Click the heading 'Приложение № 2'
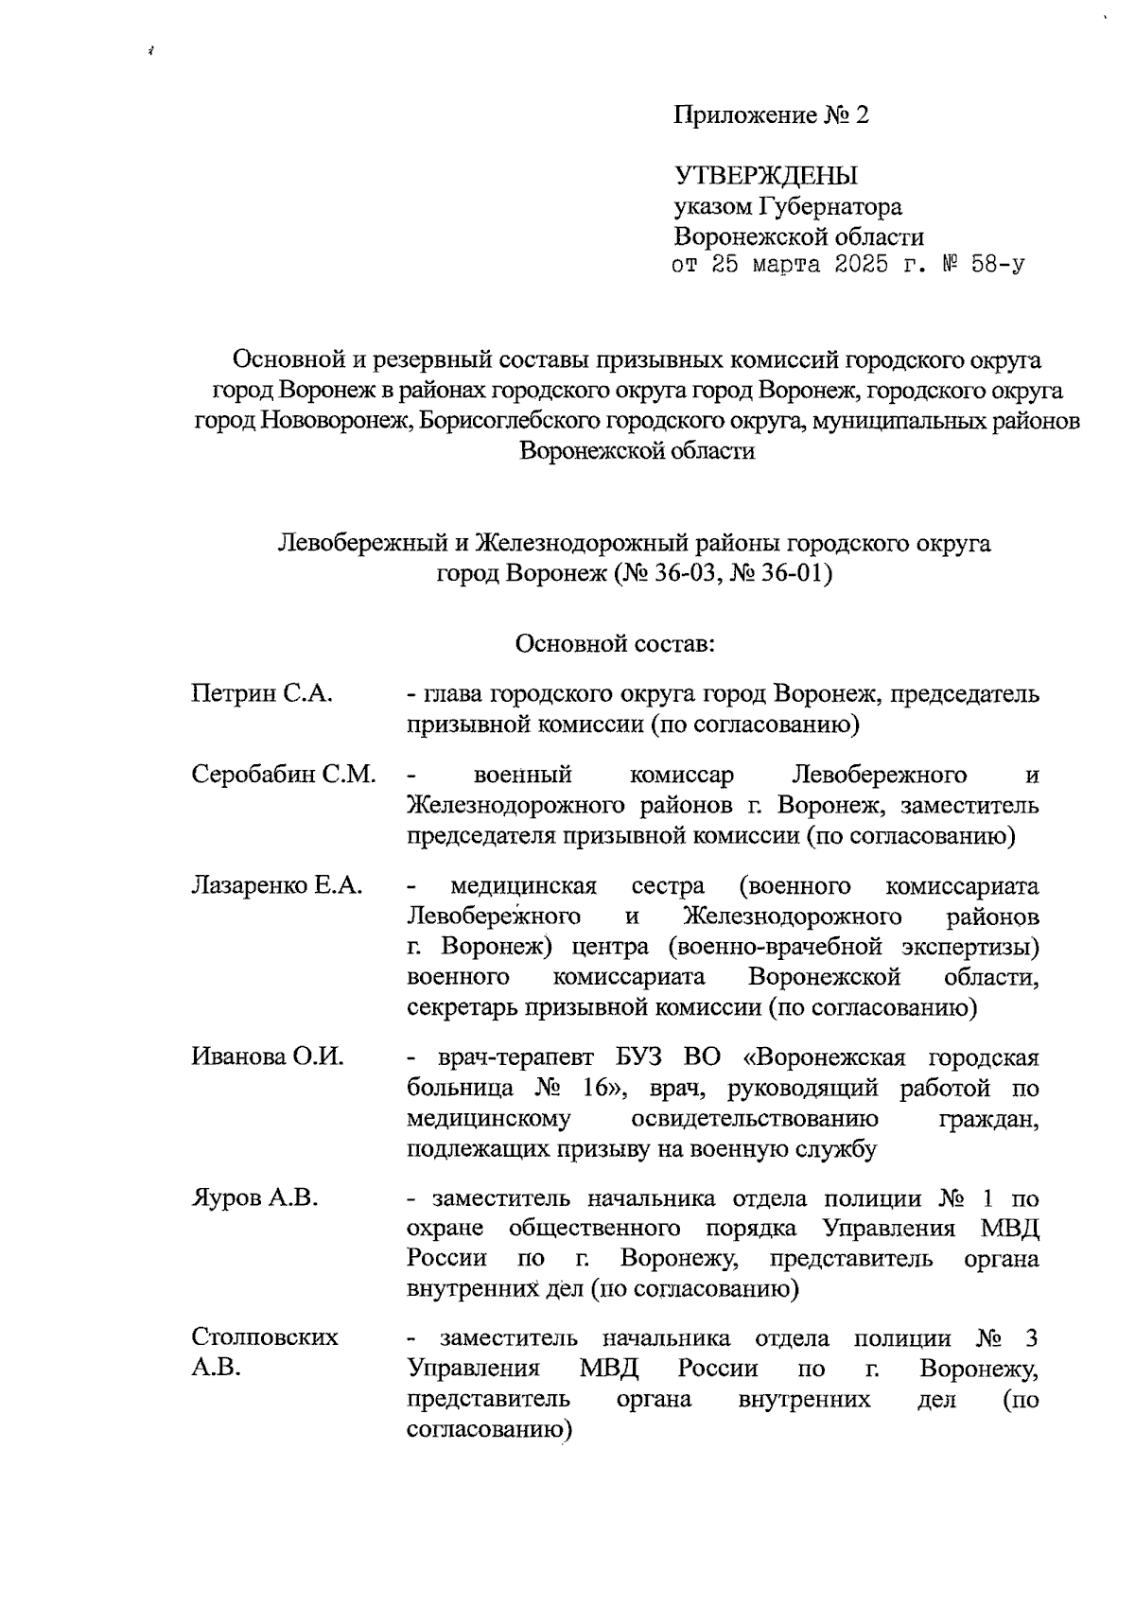(x=770, y=115)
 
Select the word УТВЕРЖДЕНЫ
(x=765, y=176)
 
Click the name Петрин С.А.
(x=262, y=693)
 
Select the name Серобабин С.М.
(x=283, y=775)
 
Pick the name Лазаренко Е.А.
(x=277, y=886)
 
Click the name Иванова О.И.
(x=268, y=1056)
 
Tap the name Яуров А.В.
(x=254, y=1198)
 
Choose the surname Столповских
(x=265, y=1337)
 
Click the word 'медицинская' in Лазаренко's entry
(x=523, y=886)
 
